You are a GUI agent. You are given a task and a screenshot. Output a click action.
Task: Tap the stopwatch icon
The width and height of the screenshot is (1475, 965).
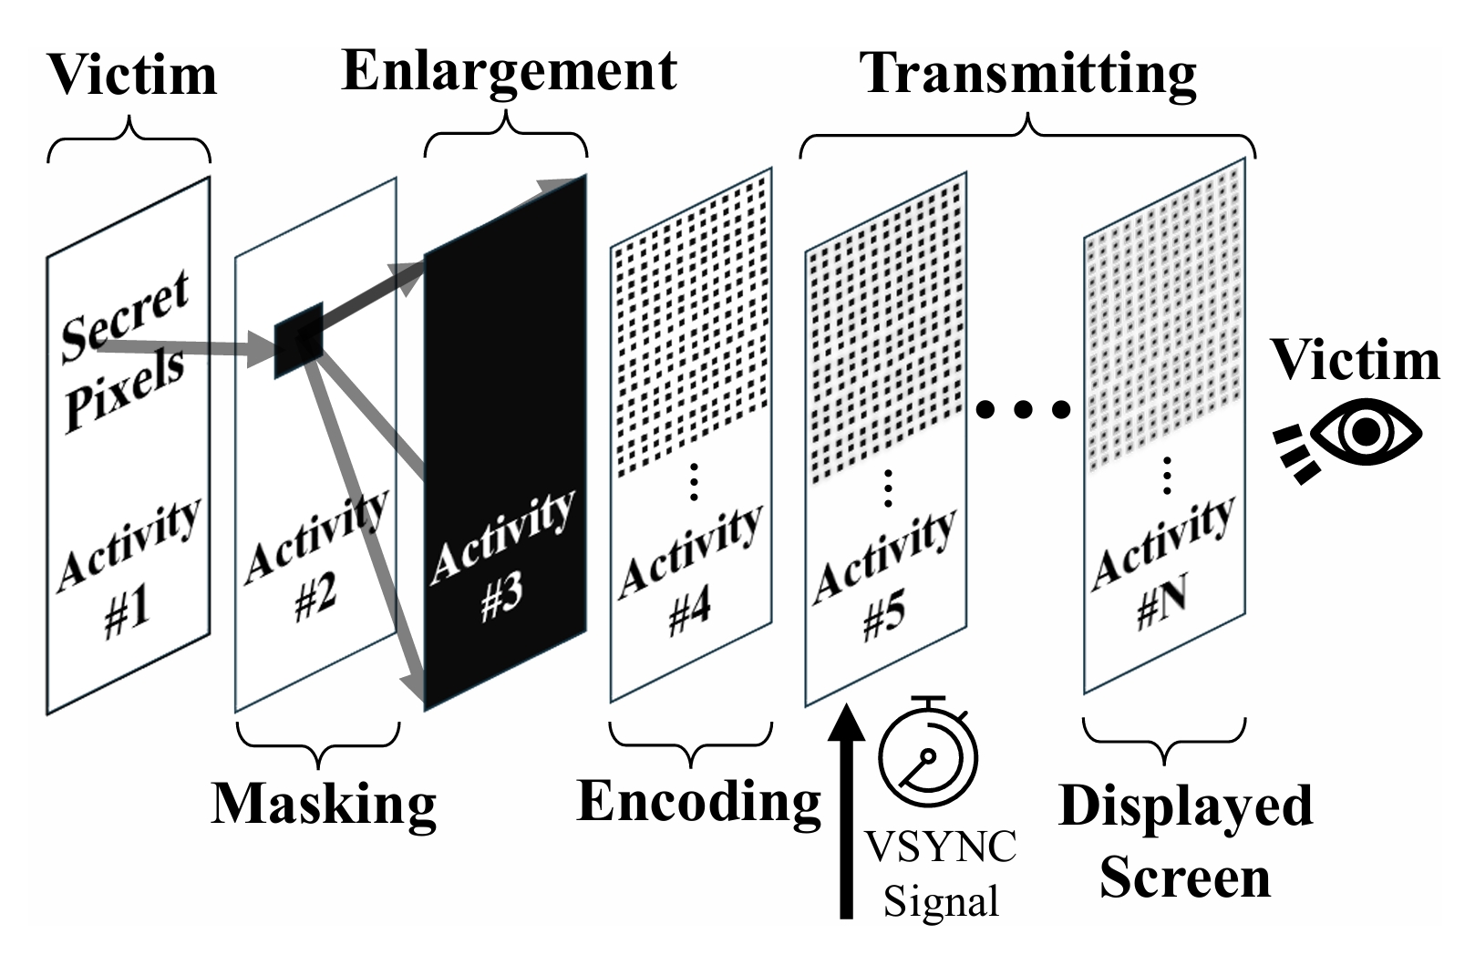coord(928,755)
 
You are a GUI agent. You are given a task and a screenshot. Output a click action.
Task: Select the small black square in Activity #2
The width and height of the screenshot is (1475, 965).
coord(299,340)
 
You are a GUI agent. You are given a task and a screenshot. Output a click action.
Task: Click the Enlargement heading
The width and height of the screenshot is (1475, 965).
coord(509,72)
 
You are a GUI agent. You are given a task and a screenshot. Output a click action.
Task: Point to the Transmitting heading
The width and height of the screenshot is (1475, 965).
coord(1028,73)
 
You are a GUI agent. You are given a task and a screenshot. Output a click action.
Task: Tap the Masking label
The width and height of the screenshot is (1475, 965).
coord(324,804)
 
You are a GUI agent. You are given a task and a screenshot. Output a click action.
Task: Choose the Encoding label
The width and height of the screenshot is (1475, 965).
coord(699,802)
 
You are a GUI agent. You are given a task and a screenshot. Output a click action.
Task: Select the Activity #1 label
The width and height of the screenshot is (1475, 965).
coord(128,570)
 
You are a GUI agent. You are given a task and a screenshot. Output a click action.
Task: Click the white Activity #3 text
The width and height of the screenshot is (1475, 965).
coord(502,558)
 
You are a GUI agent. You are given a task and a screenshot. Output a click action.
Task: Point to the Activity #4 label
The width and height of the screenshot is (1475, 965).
coord(690,571)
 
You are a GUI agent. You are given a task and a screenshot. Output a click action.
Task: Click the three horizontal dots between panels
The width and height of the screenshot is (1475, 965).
coord(1023,410)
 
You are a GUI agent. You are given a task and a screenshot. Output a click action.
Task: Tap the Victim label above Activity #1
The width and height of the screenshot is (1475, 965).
coord(132,75)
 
